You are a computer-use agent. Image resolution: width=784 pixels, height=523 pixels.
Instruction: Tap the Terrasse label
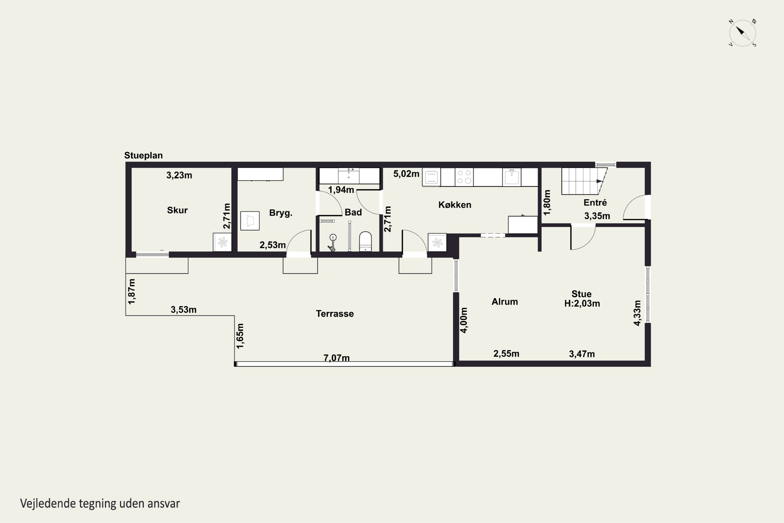coord(335,314)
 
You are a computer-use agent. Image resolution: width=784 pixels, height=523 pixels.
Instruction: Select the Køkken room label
coord(455,205)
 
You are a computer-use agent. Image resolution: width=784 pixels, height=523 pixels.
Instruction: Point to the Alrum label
coord(505,302)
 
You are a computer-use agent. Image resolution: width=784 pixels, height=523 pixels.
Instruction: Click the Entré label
coord(595,202)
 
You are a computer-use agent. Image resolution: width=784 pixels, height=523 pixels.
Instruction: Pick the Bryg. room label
coord(281,213)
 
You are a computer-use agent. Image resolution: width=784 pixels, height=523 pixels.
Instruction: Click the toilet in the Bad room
coord(365,241)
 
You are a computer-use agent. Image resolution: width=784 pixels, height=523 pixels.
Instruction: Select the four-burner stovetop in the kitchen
coord(464,177)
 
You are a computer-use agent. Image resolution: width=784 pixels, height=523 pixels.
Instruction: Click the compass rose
coord(742,33)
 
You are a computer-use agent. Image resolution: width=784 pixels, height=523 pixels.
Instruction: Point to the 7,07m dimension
coord(337,358)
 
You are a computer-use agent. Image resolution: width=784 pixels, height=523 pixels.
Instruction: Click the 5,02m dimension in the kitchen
coord(406,174)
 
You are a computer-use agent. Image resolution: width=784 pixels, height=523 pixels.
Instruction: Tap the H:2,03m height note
coord(582,304)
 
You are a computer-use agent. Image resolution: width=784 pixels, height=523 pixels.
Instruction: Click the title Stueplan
coord(143,155)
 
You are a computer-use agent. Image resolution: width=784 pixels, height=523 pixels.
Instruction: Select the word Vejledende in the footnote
coord(48,504)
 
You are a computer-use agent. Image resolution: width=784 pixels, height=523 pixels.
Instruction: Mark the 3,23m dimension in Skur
coord(179,175)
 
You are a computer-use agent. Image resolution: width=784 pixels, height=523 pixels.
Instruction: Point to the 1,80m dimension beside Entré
coord(547,202)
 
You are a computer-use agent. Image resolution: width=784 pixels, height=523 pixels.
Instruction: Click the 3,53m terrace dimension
coord(184,310)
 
